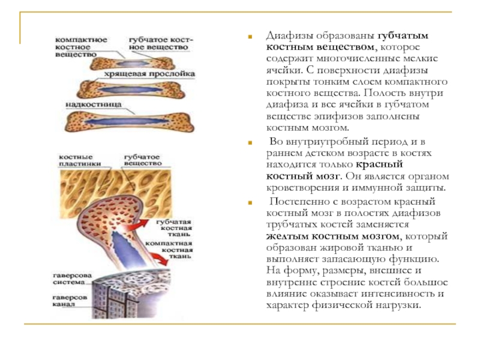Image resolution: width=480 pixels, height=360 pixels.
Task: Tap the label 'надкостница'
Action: (94, 104)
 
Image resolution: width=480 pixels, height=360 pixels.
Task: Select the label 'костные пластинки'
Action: (79, 159)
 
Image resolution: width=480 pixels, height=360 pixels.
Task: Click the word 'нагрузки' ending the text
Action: (400, 305)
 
